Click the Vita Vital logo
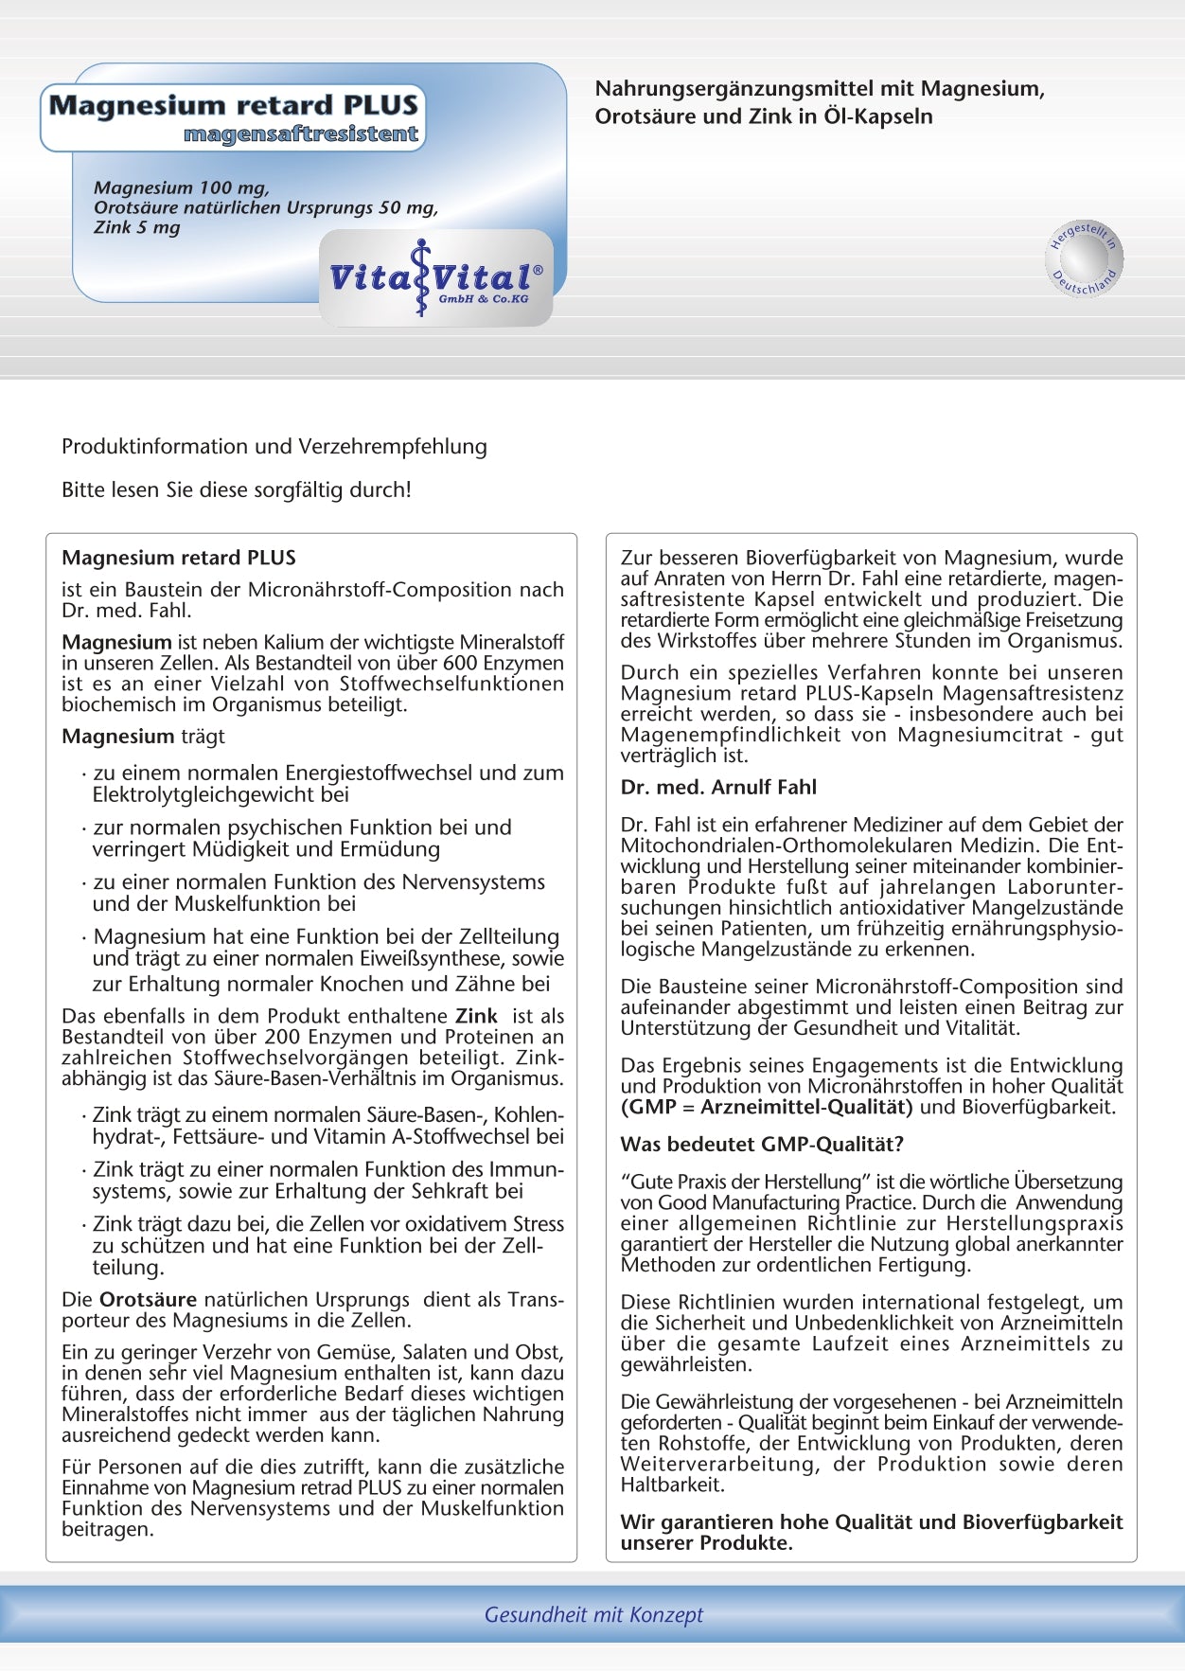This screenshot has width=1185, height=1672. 435,278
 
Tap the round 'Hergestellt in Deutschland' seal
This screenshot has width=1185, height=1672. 1085,258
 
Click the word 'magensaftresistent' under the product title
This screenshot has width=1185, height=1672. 301,134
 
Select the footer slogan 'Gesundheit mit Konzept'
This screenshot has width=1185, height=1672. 593,1614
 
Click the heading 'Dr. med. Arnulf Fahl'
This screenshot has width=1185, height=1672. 718,788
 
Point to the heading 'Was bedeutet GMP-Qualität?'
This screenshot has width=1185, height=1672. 762,1145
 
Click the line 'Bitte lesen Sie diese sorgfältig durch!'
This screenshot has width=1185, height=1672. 237,490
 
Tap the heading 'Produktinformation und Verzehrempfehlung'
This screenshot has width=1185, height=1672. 274,447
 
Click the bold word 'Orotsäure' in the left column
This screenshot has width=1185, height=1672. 148,1300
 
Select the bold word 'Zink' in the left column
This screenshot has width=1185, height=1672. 476,1016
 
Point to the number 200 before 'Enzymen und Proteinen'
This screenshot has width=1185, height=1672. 282,1037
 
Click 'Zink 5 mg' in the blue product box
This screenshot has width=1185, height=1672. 137,227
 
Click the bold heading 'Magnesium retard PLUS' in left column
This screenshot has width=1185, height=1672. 179,558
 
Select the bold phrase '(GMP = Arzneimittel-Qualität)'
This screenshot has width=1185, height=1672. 767,1107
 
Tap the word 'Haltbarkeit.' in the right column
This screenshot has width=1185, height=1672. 672,1485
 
